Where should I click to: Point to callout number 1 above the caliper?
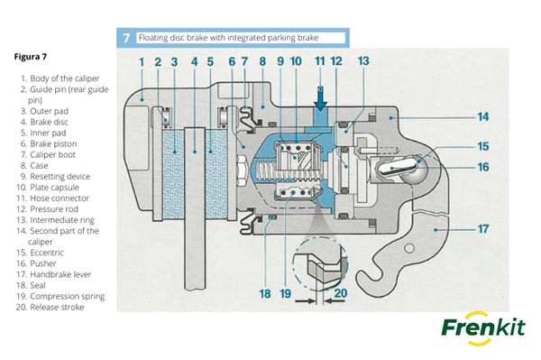(142, 61)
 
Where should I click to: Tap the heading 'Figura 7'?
(32, 56)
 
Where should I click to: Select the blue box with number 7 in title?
(126, 38)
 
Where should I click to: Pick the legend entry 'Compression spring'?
(67, 296)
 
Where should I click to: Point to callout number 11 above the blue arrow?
(319, 61)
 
